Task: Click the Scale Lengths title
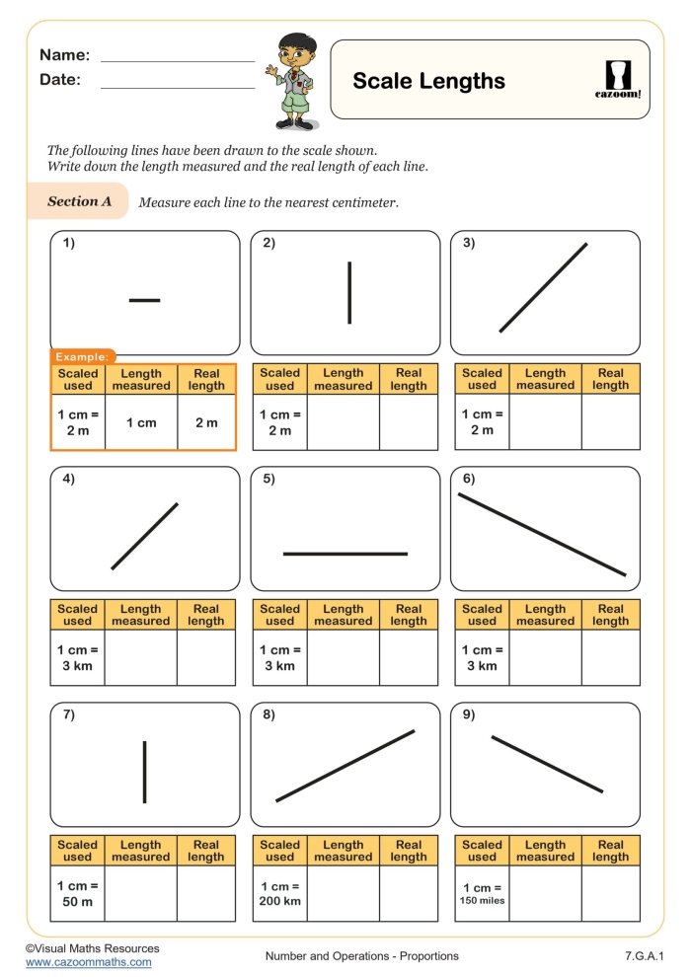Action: [x=428, y=81]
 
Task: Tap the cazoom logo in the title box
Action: [x=620, y=80]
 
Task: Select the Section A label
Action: [x=79, y=201]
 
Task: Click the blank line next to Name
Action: [x=178, y=60]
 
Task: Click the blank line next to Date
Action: [x=178, y=87]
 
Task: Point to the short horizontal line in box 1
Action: [x=144, y=300]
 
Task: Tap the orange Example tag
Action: [x=83, y=356]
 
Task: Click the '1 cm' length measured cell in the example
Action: [x=141, y=422]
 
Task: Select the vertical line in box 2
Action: [x=349, y=292]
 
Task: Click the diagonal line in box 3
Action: [x=544, y=287]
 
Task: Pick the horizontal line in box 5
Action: [x=345, y=554]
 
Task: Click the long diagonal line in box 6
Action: [x=542, y=534]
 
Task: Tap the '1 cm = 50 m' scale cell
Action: [x=77, y=892]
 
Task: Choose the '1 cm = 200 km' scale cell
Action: [x=279, y=892]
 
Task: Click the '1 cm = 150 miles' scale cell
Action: [x=482, y=892]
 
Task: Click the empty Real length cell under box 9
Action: [x=610, y=892]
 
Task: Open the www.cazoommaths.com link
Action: [x=89, y=962]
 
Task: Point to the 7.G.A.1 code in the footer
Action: [x=645, y=955]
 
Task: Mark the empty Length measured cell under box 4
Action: [x=141, y=657]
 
